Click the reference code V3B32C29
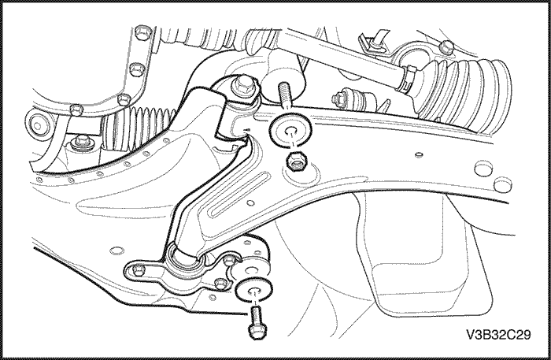point(498,335)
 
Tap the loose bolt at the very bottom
point(257,323)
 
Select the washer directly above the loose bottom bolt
point(253,290)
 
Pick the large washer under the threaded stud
point(290,131)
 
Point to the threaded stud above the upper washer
point(284,95)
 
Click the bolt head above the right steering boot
point(446,47)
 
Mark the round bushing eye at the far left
point(38,124)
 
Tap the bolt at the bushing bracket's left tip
point(139,269)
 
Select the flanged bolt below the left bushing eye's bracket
point(81,143)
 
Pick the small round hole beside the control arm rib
point(250,203)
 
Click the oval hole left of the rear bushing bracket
point(117,251)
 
